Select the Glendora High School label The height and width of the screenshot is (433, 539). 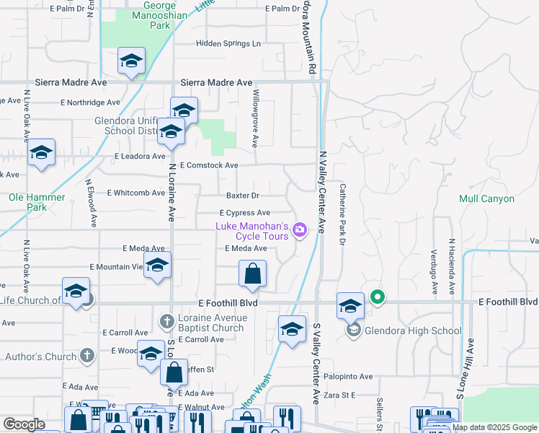[x=413, y=331]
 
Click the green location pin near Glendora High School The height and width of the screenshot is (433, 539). [x=376, y=297]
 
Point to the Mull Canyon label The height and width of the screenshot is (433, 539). [x=487, y=198]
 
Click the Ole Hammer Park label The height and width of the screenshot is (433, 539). [x=37, y=202]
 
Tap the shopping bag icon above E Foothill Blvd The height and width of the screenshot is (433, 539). [x=252, y=274]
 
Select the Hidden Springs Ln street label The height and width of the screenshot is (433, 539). [x=228, y=44]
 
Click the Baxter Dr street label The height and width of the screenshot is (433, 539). [x=242, y=196]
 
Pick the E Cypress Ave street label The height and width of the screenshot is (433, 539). [x=245, y=213]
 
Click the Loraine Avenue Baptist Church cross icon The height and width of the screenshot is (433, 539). [x=166, y=320]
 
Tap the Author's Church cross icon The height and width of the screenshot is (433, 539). [x=87, y=356]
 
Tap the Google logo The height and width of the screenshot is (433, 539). [x=24, y=424]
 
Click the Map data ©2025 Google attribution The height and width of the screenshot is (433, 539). [x=495, y=427]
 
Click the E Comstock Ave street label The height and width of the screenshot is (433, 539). [x=209, y=165]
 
